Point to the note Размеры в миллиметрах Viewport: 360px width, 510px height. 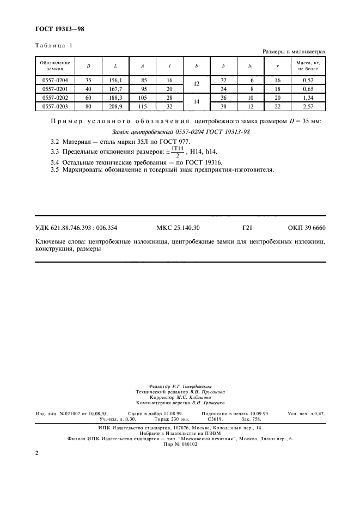point(294,52)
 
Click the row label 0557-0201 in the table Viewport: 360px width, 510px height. point(55,89)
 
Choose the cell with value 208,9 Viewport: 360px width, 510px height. point(115,106)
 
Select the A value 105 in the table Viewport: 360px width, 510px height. point(143,98)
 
